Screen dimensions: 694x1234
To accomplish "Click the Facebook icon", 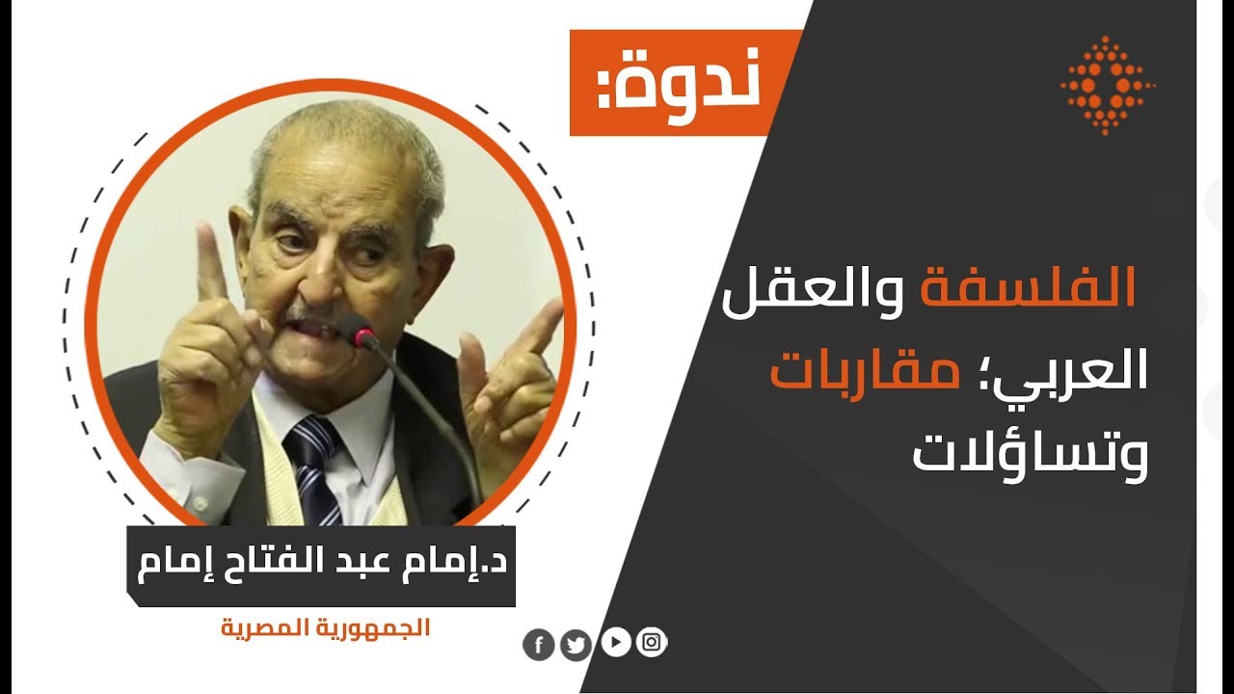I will click(538, 645).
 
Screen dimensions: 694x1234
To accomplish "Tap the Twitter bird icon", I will click(576, 645).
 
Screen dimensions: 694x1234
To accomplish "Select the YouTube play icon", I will click(615, 641).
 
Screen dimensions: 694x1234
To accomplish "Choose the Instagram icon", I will click(652, 642).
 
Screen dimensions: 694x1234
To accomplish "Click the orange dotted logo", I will click(1108, 85).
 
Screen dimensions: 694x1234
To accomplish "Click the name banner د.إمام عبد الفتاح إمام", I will click(321, 566).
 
